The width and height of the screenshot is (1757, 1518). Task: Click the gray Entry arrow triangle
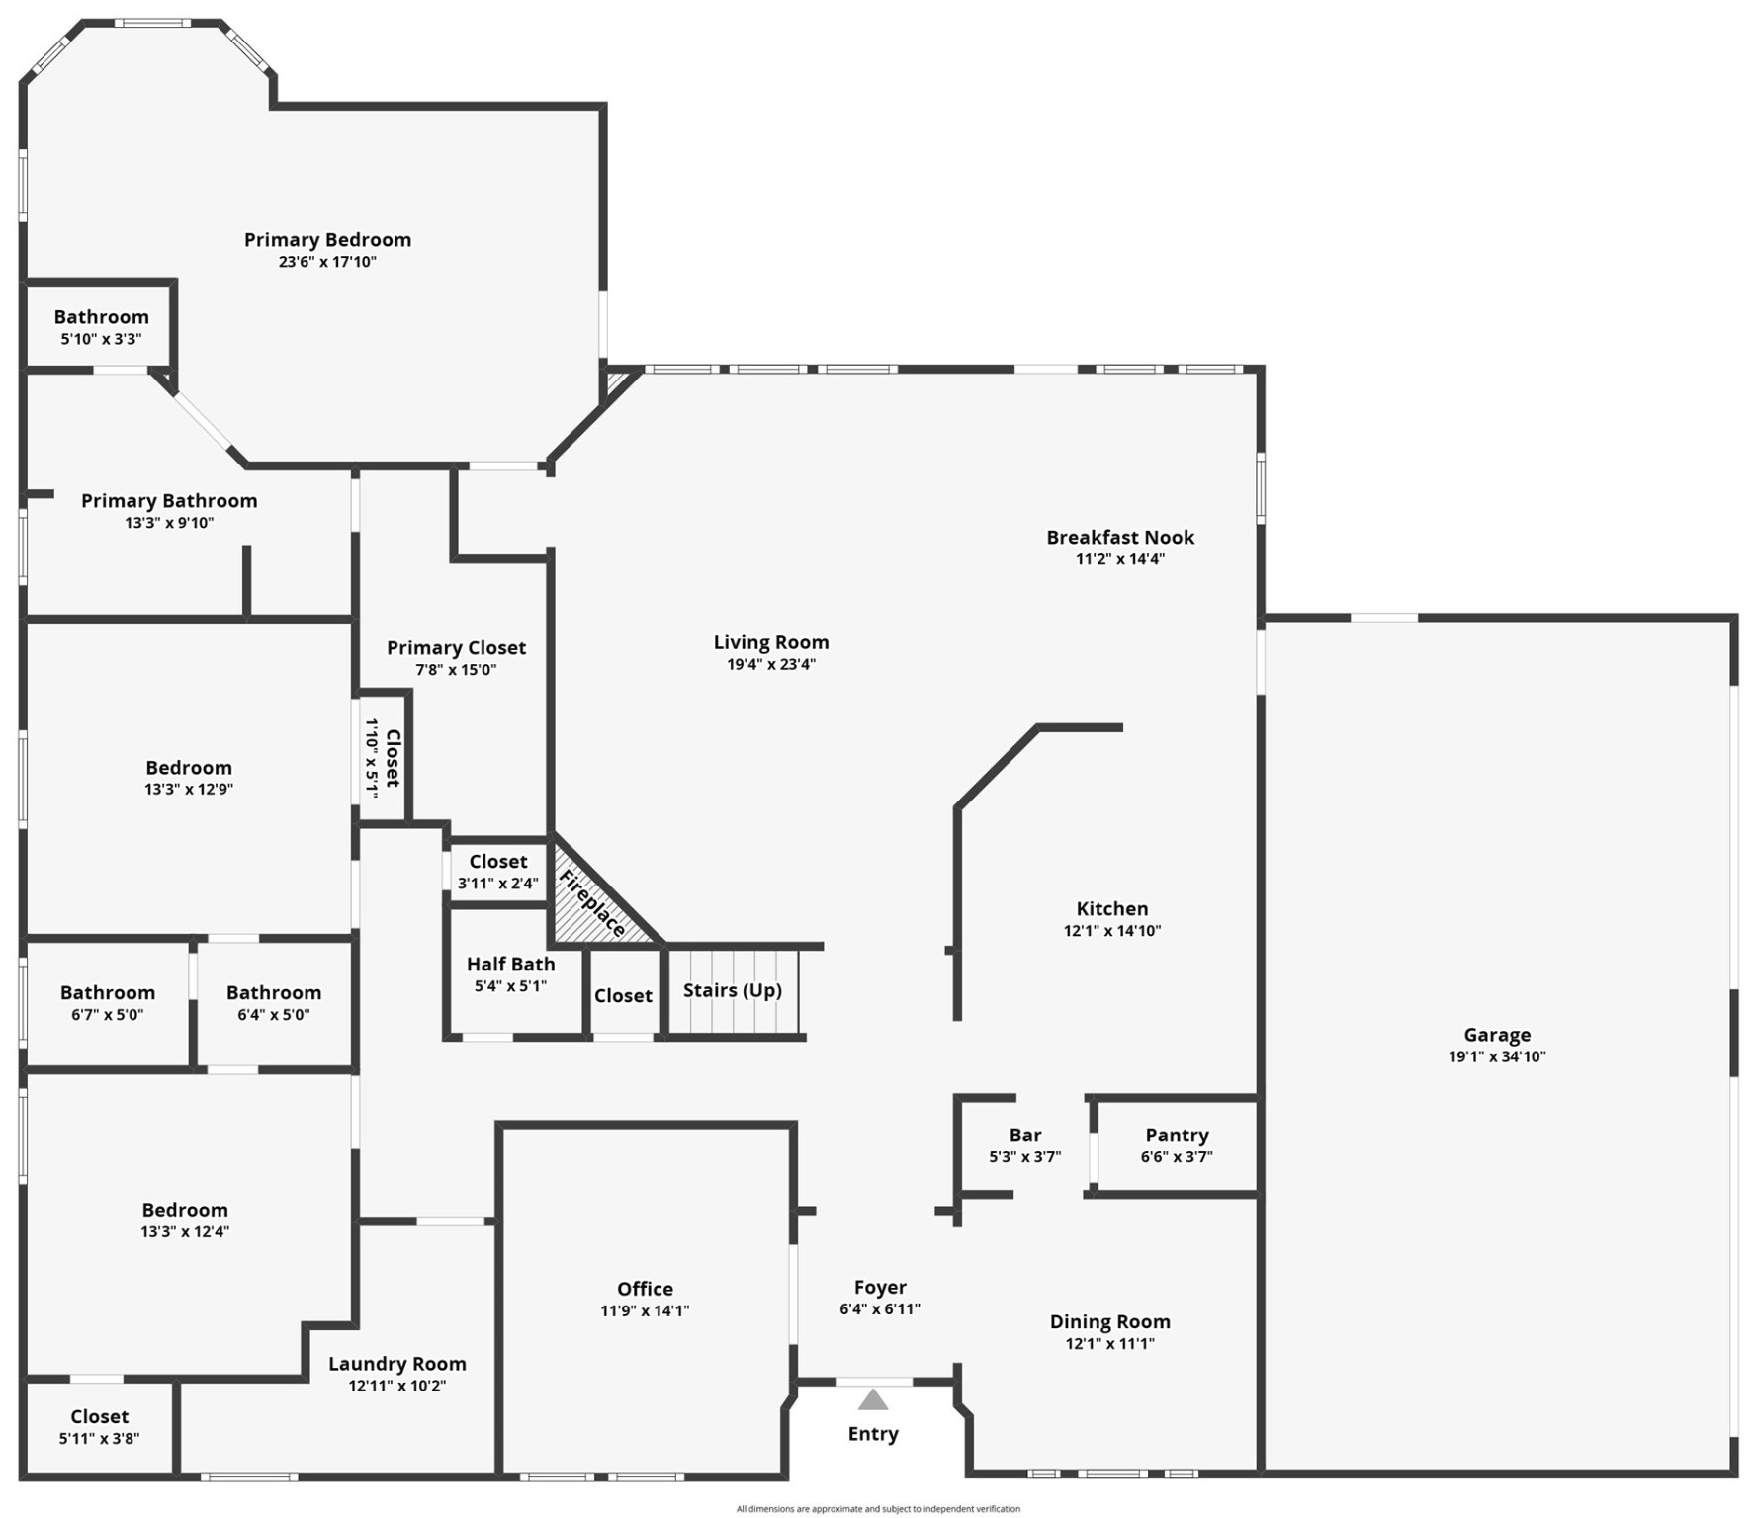tap(872, 1399)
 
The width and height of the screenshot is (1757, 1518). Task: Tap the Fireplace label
tap(592, 903)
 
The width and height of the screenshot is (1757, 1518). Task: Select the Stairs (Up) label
tap(732, 990)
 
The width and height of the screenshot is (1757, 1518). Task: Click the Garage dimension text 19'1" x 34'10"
tap(1497, 1056)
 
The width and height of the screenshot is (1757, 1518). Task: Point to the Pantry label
tap(1177, 1135)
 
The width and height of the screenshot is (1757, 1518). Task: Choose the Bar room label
tap(1025, 1135)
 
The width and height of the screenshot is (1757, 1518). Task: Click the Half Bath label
tap(510, 964)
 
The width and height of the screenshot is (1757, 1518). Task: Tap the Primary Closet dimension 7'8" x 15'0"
tap(456, 670)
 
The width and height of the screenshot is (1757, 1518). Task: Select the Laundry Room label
tap(396, 1364)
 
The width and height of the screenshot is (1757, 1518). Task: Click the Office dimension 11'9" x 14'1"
tap(645, 1311)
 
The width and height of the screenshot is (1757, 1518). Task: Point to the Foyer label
tap(880, 1287)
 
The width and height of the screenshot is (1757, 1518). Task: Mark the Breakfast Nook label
tap(1120, 537)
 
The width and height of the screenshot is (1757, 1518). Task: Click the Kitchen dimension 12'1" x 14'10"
tap(1112, 931)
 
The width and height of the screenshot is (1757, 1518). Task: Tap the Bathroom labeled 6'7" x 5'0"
tap(108, 992)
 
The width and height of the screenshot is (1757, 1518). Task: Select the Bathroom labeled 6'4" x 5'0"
tap(274, 992)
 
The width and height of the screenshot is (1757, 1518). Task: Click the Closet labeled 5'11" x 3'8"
tap(99, 1417)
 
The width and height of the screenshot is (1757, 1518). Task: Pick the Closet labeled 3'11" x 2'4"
tap(498, 862)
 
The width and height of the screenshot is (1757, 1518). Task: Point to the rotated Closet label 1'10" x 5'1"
tap(392, 758)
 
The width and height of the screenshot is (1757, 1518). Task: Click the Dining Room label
tap(1109, 1321)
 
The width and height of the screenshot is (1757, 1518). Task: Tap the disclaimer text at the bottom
tap(878, 1509)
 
